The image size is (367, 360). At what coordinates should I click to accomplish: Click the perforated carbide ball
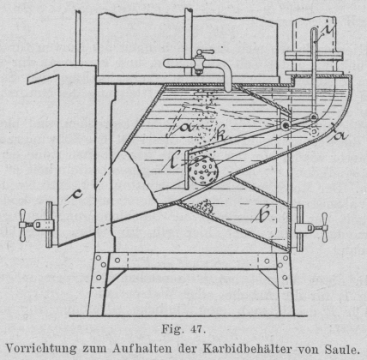point(203,171)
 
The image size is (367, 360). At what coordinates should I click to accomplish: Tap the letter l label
point(174,159)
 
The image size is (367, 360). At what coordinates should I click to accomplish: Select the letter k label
point(220,135)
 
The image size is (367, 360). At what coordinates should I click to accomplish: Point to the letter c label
point(76,194)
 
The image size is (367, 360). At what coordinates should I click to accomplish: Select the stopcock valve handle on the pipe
point(203,52)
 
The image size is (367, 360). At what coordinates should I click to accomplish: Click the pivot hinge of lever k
point(286,125)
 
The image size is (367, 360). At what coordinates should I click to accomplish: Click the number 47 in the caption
point(197,329)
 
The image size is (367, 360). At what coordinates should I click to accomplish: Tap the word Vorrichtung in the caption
point(41,349)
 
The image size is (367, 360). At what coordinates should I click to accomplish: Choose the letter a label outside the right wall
point(340,135)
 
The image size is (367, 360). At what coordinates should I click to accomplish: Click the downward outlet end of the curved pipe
point(227,90)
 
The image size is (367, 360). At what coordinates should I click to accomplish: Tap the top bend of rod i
point(315,31)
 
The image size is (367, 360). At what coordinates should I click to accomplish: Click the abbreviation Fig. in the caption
point(171,330)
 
